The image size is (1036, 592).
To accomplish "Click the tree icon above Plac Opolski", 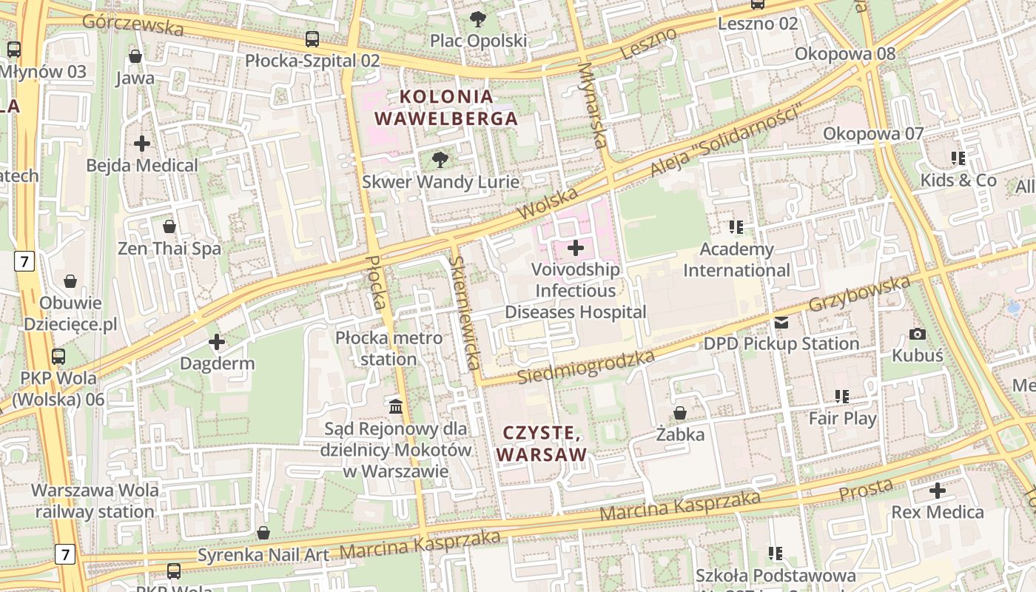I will click(x=479, y=18).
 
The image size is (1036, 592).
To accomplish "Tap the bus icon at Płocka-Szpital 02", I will click(x=312, y=38).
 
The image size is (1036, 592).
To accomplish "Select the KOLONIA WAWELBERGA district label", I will click(x=445, y=107).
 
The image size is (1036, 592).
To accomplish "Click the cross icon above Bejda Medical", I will click(x=142, y=144).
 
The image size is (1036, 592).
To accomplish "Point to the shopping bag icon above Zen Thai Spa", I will click(x=169, y=226).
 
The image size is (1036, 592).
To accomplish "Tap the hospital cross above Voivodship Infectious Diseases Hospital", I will click(x=576, y=248).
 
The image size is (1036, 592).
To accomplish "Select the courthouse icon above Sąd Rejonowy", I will click(x=396, y=406).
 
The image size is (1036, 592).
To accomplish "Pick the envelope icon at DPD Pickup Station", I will click(x=781, y=323).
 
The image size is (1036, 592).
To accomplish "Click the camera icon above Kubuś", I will click(x=918, y=334).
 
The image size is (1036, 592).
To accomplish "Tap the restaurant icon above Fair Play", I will click(x=842, y=397).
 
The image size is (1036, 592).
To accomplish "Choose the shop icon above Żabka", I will click(x=680, y=413).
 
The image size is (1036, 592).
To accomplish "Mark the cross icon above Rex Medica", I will click(x=938, y=491).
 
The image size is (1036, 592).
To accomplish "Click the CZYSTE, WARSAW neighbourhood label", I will click(x=542, y=443).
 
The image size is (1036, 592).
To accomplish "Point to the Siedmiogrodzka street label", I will click(x=585, y=368).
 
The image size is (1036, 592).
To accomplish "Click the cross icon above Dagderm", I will click(x=217, y=342).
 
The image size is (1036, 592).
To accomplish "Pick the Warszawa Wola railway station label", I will click(x=95, y=501).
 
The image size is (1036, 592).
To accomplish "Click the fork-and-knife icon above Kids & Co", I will click(x=958, y=158).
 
